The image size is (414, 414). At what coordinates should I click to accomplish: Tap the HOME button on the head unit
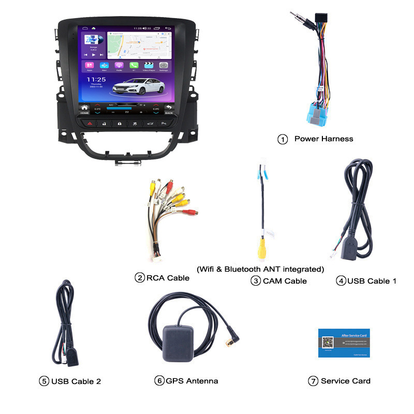pos(85,109)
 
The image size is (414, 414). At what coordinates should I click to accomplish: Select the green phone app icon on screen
pos(134,66)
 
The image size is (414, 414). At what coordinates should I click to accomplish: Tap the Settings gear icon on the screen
pos(164,66)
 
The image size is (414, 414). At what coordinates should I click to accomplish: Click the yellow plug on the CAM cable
pos(263,248)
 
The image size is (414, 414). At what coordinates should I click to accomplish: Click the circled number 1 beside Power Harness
pos(283,139)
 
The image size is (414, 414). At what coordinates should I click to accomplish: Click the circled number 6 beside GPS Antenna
pos(159,381)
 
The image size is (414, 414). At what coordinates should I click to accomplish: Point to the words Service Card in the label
pos(345,381)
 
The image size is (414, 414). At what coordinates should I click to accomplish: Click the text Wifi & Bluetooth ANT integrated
pos(260,269)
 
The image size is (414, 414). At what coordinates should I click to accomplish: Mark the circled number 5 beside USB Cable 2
pos(44,381)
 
